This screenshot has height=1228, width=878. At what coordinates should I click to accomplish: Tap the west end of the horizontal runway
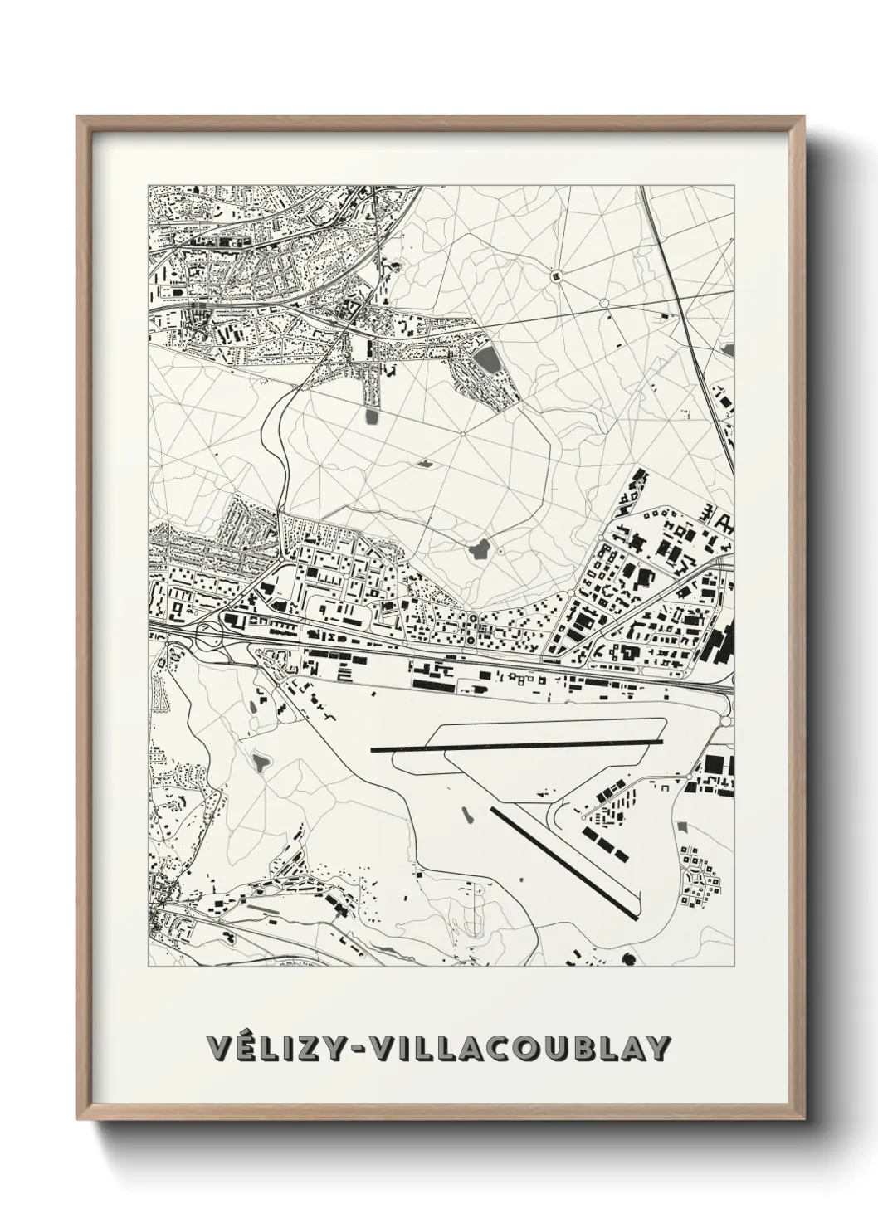click(x=373, y=750)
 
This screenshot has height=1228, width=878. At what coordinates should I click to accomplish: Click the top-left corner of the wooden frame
click(x=77, y=116)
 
